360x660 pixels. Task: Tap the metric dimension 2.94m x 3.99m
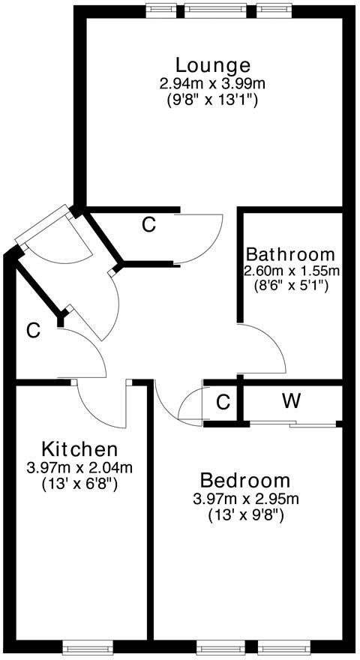(x=213, y=83)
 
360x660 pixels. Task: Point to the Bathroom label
(x=291, y=253)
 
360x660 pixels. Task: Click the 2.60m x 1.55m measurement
(x=292, y=270)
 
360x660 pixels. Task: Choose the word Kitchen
(x=79, y=450)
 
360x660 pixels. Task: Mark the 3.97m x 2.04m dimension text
(x=79, y=469)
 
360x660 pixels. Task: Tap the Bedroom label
(x=245, y=481)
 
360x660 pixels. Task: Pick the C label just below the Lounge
(x=149, y=224)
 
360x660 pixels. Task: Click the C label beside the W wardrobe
(x=223, y=402)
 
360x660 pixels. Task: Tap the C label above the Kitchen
(x=32, y=329)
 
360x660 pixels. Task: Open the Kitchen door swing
(x=99, y=409)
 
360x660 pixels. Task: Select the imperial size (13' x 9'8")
(x=245, y=516)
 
